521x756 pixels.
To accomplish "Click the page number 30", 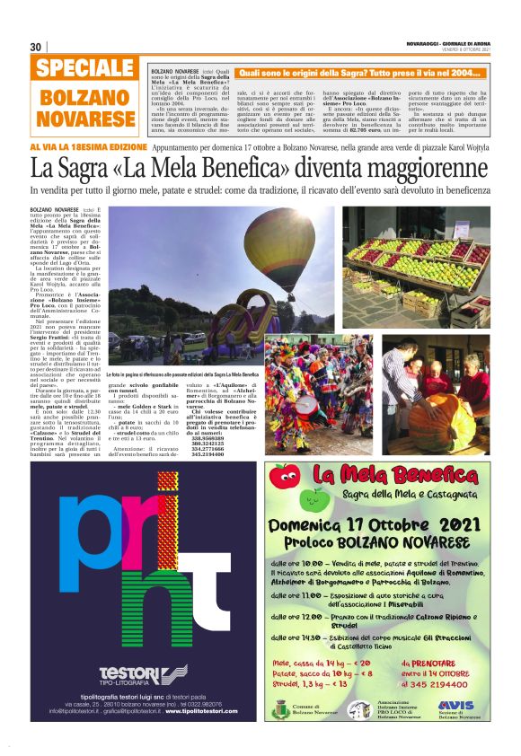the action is click(36, 47).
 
